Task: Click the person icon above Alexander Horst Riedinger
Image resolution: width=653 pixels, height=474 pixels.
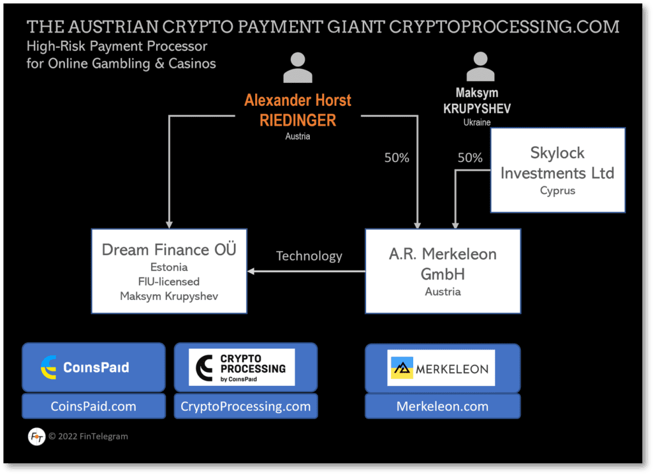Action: pos(297,67)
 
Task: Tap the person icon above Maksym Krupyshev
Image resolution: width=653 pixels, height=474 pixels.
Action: pos(480,67)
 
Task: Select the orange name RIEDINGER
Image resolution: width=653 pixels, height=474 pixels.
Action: pos(297,119)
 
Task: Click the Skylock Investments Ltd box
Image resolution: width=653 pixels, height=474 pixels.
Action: pos(557,170)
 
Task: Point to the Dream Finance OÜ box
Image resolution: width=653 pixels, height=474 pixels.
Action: pos(168,270)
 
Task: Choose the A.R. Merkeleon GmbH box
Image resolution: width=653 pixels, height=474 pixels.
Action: pos(443,270)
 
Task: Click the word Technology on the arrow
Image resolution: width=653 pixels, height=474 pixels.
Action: pos(309,256)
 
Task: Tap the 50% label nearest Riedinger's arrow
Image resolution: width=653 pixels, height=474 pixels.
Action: pos(397,158)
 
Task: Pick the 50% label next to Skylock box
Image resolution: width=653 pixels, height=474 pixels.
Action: pos(470,158)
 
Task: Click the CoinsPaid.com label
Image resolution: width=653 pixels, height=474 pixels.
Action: pos(93,406)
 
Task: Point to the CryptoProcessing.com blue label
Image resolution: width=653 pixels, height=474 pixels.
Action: pos(246,406)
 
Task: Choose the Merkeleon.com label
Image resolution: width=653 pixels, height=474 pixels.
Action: pos(442,406)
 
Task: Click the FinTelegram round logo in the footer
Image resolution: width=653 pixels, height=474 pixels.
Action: pos(36,437)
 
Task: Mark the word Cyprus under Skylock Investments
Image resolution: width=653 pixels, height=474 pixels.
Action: pos(557,191)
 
